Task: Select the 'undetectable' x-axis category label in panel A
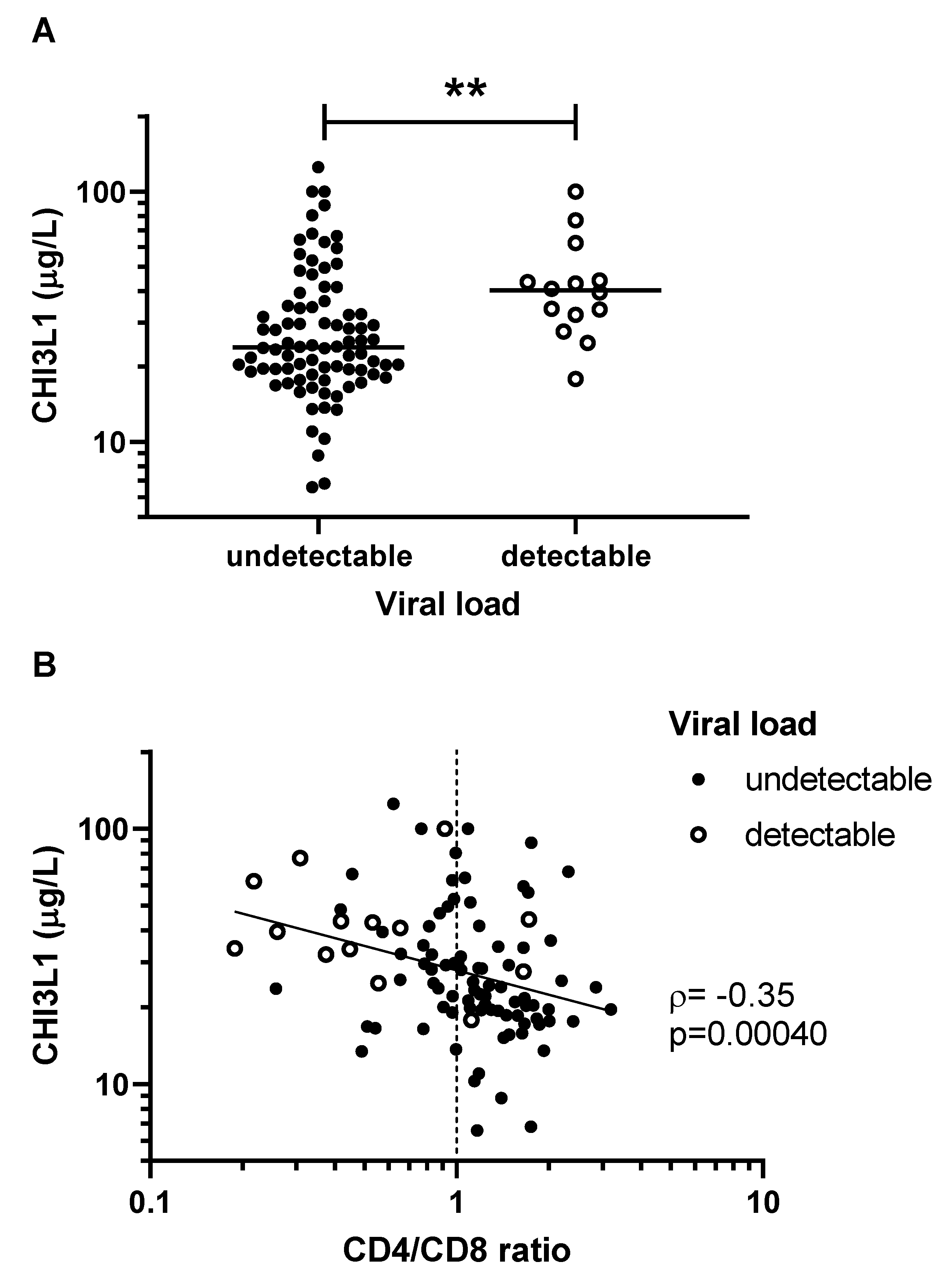tap(319, 556)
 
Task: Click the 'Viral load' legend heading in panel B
tap(742, 724)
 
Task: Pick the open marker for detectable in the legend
tap(699, 835)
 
